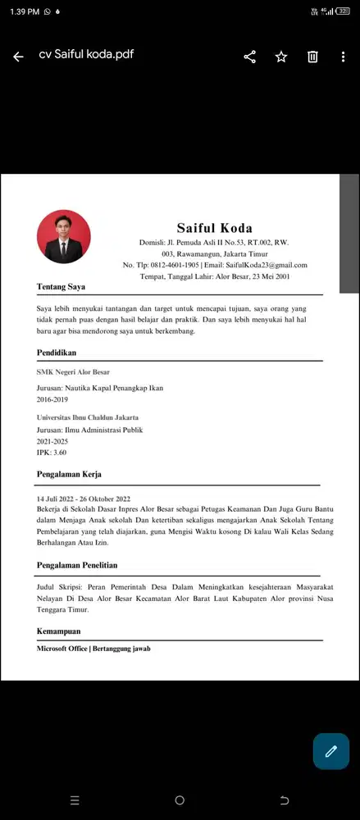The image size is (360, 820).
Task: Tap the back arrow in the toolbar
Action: [x=18, y=57]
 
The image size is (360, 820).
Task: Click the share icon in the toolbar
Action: [x=250, y=57]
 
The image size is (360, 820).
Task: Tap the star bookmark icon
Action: [x=281, y=57]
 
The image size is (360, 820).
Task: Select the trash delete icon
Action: [x=312, y=57]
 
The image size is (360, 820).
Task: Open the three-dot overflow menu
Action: [x=343, y=57]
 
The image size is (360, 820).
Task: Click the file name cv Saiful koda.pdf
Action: [x=86, y=55]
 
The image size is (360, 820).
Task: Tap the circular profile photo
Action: [x=64, y=237]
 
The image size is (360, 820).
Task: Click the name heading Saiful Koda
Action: [x=215, y=228]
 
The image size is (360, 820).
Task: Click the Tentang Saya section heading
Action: [x=61, y=287]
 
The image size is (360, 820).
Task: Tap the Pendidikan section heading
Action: [x=57, y=353]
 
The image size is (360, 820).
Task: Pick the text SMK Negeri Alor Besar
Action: [x=73, y=372]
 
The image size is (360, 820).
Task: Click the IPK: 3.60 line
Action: [x=52, y=452]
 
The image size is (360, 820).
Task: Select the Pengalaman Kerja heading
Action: [x=69, y=474]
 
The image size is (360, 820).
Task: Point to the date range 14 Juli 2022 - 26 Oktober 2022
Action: [x=84, y=499]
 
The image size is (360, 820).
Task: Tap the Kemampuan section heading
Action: [x=58, y=631]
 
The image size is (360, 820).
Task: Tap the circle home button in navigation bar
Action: [x=180, y=799]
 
